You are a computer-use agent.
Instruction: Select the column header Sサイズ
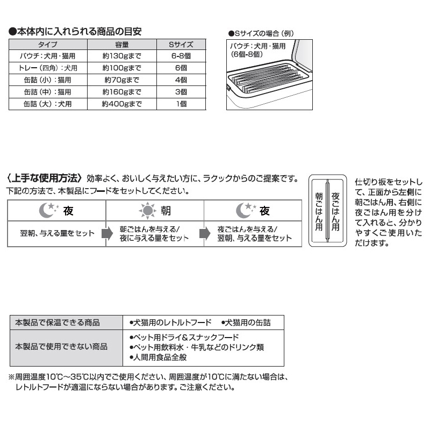click(x=181, y=45)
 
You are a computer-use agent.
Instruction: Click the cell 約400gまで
click(x=122, y=104)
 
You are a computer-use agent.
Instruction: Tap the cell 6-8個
click(x=181, y=56)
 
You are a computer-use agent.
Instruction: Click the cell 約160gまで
click(x=122, y=92)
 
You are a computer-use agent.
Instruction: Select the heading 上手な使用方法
click(x=45, y=178)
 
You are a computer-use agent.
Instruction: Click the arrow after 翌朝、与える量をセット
click(x=103, y=234)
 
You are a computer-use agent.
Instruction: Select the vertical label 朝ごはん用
click(x=319, y=210)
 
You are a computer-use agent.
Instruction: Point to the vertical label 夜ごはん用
click(x=335, y=210)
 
